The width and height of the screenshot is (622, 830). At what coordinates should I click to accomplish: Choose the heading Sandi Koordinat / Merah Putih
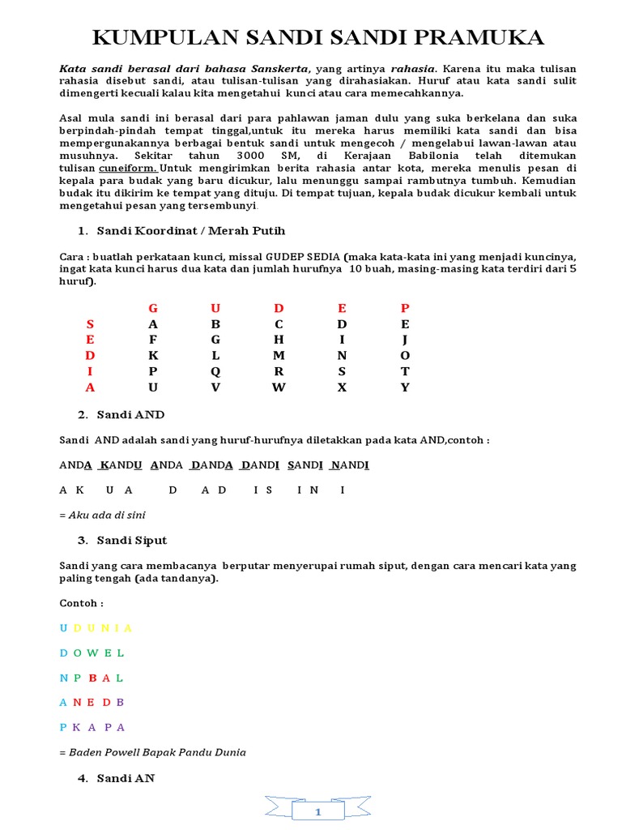point(191,231)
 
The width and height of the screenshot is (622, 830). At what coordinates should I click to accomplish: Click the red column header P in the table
point(405,308)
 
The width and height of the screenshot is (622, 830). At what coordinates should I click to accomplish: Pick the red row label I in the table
point(90,371)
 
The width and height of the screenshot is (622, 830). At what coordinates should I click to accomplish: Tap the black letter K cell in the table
point(153,355)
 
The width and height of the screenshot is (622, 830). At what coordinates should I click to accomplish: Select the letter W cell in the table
point(279,387)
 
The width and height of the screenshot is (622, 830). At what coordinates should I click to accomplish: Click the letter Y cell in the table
point(405,387)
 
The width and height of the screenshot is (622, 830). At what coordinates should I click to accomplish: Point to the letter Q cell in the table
point(215,371)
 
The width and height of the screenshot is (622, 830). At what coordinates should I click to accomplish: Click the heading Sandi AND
point(130,414)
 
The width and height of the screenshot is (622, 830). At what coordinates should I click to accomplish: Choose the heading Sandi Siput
point(132,540)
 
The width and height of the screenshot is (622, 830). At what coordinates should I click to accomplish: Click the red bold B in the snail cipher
point(92,678)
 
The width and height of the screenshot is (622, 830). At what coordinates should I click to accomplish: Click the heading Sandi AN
point(126,778)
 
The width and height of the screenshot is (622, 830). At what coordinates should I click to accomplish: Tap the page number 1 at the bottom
point(318,811)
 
